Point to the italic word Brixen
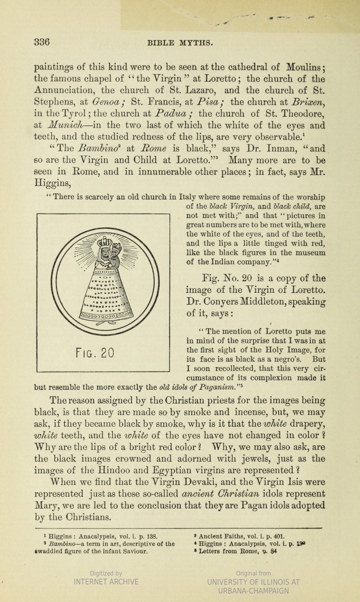[x=307, y=103]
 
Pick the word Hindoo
[x=116, y=470]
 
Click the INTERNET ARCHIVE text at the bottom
[x=106, y=582]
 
